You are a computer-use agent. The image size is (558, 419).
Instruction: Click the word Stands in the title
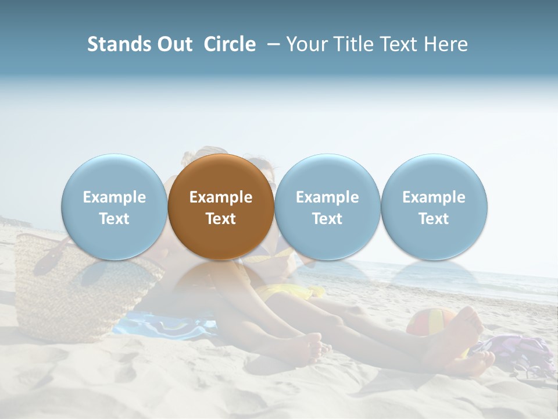pyautogui.click(x=117, y=44)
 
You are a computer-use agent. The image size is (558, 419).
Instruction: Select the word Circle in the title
pyautogui.click(x=230, y=44)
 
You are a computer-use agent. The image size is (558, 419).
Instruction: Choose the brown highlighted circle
pyautogui.click(x=221, y=207)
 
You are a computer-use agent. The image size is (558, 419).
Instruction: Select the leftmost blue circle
pyautogui.click(x=114, y=207)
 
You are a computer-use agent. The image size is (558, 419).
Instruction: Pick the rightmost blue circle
pyautogui.click(x=434, y=207)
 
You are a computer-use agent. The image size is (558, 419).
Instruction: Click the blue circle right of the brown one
pyautogui.click(x=327, y=207)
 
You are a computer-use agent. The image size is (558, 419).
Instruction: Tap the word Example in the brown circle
pyautogui.click(x=221, y=197)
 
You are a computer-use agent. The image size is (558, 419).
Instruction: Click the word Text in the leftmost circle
pyautogui.click(x=114, y=219)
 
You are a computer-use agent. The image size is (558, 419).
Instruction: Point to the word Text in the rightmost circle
pyautogui.click(x=434, y=219)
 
